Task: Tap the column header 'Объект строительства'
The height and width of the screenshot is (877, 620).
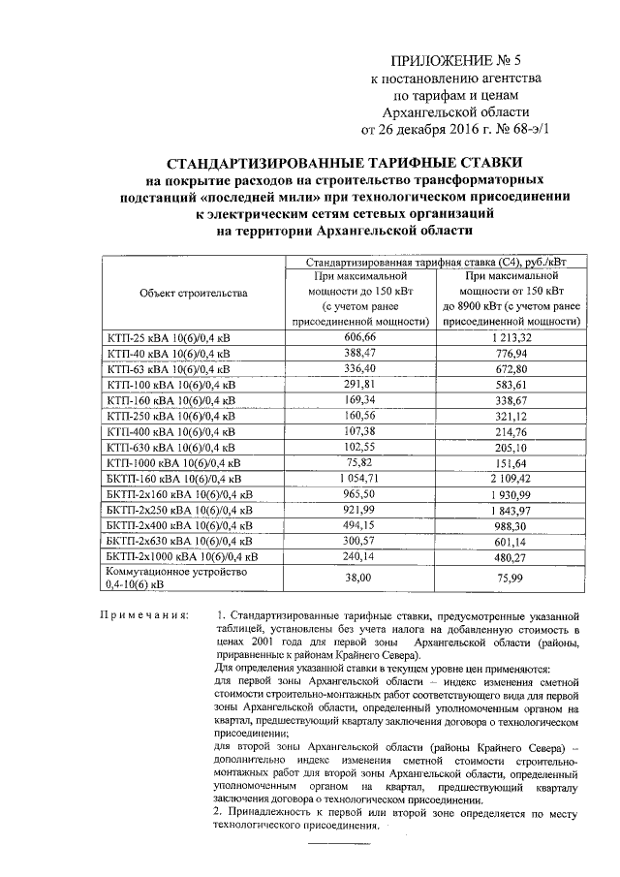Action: point(194,293)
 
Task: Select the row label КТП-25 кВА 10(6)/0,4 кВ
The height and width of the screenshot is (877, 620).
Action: point(168,337)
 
